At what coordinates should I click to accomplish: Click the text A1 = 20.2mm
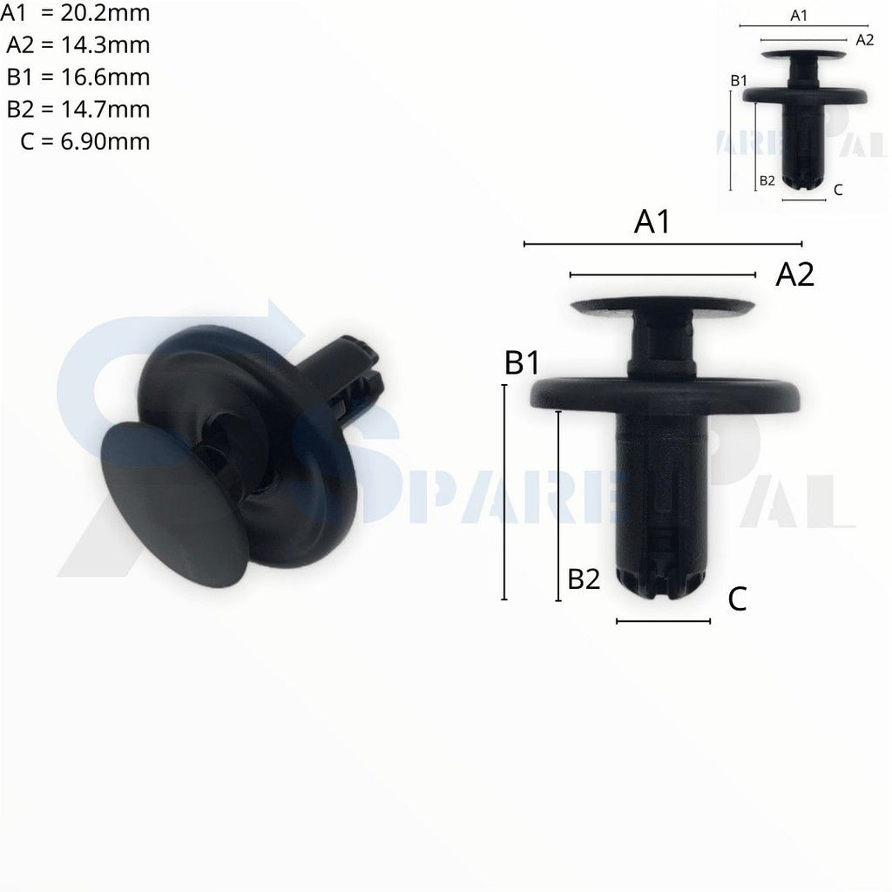click(76, 13)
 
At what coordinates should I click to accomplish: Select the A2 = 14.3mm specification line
click(78, 45)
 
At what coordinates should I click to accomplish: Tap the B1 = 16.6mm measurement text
click(78, 77)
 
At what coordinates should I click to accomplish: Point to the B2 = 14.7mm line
click(78, 109)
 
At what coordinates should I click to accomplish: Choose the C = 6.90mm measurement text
click(84, 141)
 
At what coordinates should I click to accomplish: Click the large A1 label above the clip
click(652, 222)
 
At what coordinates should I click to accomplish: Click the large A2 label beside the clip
click(794, 275)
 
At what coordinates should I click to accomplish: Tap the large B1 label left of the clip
click(523, 363)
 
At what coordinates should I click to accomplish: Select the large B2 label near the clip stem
click(584, 579)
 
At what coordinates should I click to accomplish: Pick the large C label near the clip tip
click(737, 599)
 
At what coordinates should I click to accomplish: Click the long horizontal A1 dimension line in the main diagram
click(662, 244)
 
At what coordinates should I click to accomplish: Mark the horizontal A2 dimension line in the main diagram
click(662, 275)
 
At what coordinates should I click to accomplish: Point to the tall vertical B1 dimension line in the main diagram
click(503, 492)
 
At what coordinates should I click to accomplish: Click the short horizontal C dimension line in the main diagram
click(663, 621)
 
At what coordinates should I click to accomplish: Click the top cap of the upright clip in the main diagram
click(662, 307)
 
